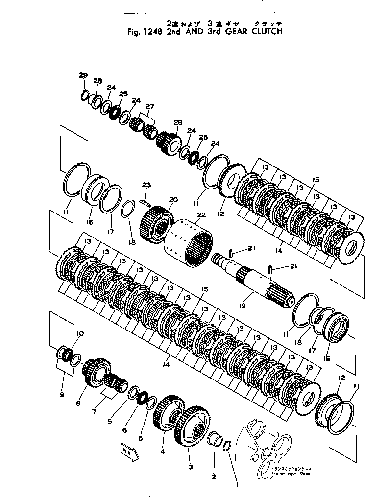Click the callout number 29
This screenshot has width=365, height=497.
[83, 75]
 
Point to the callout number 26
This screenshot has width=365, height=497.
[177, 122]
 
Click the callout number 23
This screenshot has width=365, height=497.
[146, 185]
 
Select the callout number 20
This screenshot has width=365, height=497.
[171, 200]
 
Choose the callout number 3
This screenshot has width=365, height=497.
[191, 467]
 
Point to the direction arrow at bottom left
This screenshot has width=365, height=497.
[128, 451]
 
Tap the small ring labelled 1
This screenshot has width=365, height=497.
[228, 447]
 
